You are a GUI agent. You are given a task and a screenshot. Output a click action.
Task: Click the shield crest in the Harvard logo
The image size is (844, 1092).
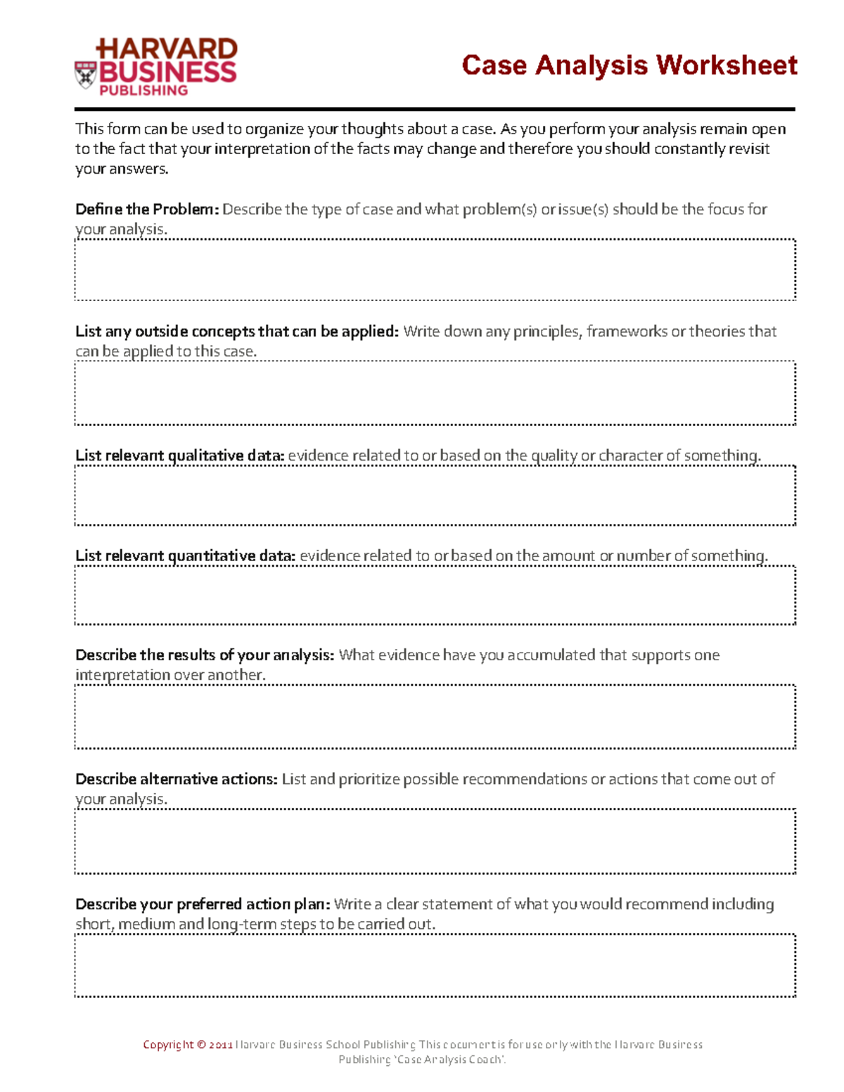pyautogui.click(x=85, y=75)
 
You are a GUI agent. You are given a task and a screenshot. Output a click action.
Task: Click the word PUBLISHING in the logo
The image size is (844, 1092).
pyautogui.click(x=143, y=91)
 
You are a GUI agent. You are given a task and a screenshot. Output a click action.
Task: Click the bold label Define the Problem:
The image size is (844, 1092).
pyautogui.click(x=147, y=210)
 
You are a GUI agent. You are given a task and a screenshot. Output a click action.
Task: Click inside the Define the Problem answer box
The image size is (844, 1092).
pyautogui.click(x=435, y=270)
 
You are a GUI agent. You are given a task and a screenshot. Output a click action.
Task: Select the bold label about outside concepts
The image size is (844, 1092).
pyautogui.click(x=237, y=331)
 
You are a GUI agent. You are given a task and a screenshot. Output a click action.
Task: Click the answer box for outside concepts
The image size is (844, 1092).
pyautogui.click(x=435, y=394)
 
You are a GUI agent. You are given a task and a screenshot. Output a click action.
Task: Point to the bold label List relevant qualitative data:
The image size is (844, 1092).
pyautogui.click(x=179, y=456)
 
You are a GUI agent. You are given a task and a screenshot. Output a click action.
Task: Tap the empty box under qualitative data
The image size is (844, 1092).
pyautogui.click(x=435, y=495)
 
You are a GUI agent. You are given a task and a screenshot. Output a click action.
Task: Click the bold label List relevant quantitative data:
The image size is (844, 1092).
pyautogui.click(x=185, y=555)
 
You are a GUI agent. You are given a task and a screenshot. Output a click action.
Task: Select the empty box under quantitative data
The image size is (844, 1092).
pyautogui.click(x=435, y=595)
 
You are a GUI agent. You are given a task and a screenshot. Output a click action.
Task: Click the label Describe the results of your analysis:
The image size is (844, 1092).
pyautogui.click(x=204, y=655)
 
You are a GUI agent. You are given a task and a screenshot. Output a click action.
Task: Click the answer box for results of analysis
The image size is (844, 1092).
pyautogui.click(x=435, y=717)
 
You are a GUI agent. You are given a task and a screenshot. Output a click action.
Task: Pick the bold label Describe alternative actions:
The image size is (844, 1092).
pyautogui.click(x=176, y=779)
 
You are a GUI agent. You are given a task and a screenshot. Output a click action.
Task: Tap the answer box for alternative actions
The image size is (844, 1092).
pyautogui.click(x=435, y=841)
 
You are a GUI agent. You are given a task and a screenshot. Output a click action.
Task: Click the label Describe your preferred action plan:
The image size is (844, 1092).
pyautogui.click(x=203, y=904)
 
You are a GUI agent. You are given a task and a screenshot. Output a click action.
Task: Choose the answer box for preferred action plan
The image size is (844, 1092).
pyautogui.click(x=435, y=965)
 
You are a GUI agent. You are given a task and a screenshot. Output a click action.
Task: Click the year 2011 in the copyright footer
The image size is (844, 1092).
pyautogui.click(x=220, y=1045)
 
